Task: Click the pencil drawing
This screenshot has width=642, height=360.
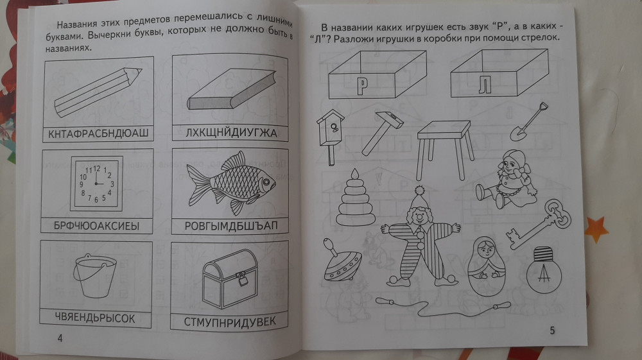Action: click(98, 92)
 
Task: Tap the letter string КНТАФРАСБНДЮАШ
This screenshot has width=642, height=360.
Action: click(98, 133)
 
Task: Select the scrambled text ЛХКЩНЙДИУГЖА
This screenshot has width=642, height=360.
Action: click(231, 133)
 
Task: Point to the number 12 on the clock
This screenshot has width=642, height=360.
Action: click(97, 168)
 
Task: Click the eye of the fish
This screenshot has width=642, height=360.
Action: click(267, 181)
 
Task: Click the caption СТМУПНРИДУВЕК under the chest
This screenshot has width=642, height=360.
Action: click(230, 322)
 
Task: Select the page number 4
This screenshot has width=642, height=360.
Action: click(60, 338)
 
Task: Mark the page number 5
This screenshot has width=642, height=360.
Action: click(552, 330)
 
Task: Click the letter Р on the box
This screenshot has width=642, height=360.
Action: click(362, 87)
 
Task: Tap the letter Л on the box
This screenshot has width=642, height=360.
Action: click(485, 85)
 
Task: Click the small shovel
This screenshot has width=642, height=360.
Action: click(528, 122)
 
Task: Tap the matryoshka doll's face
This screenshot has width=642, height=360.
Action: click(486, 249)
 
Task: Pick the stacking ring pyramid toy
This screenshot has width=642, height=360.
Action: click(355, 198)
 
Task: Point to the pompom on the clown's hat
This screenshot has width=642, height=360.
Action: click(419, 190)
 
